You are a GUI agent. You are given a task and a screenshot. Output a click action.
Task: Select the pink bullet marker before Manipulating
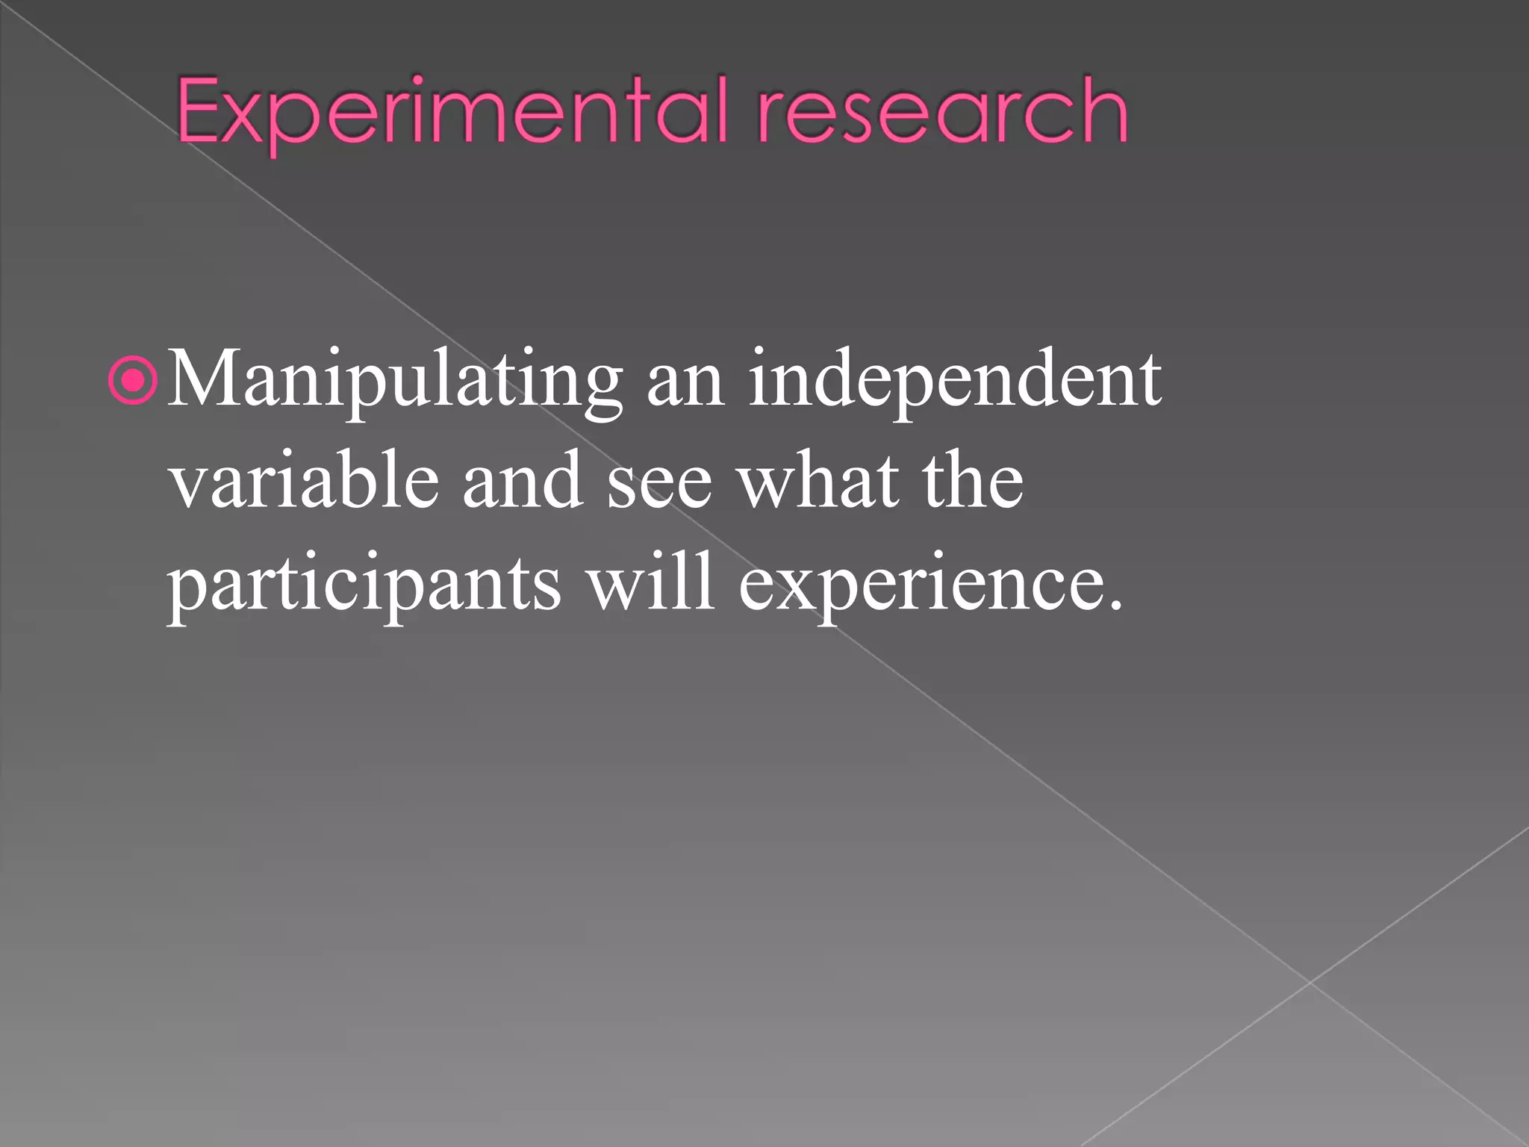click(x=133, y=382)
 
